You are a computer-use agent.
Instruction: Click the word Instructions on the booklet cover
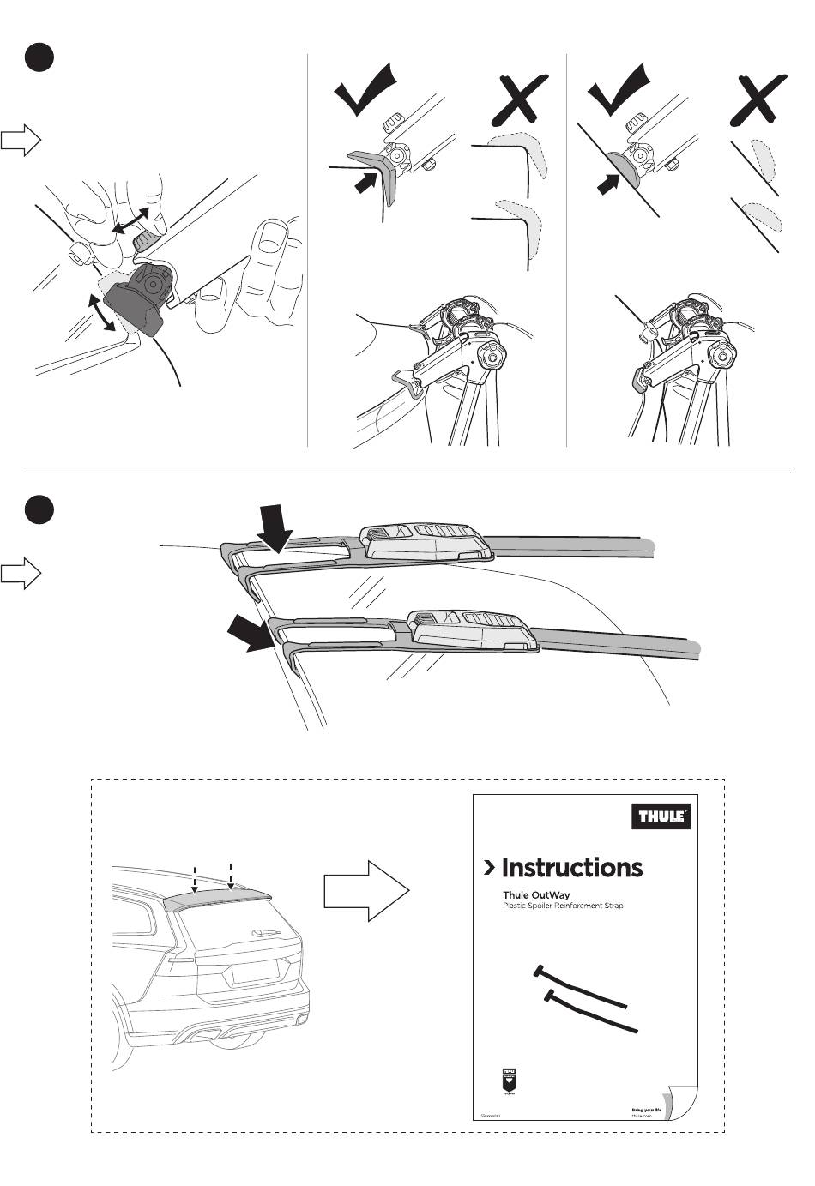[x=571, y=868]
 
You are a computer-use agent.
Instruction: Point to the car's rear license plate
[x=255, y=970]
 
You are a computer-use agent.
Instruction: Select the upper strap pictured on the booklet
[x=581, y=986]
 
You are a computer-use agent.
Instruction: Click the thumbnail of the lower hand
[x=273, y=232]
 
